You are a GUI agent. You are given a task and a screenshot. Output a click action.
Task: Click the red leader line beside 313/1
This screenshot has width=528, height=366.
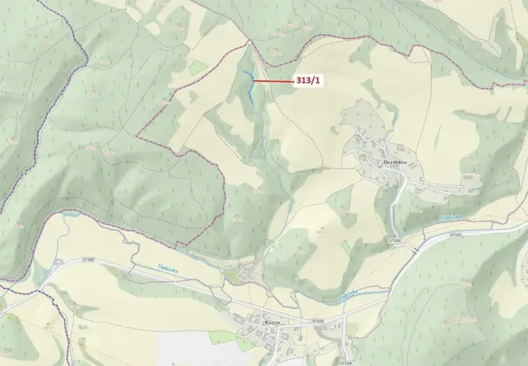pyautogui.click(x=273, y=81)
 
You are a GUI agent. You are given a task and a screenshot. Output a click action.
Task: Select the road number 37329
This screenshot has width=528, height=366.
pyautogui.click(x=345, y=363)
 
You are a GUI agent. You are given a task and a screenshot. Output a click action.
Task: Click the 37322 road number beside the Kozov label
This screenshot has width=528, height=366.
pyautogui.click(x=317, y=321)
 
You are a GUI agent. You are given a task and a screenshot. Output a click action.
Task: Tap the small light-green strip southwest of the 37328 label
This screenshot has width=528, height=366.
pyautogui.click(x=346, y=247)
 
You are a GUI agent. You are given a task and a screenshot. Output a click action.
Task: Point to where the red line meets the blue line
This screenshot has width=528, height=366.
pyautogui.click(x=253, y=81)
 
